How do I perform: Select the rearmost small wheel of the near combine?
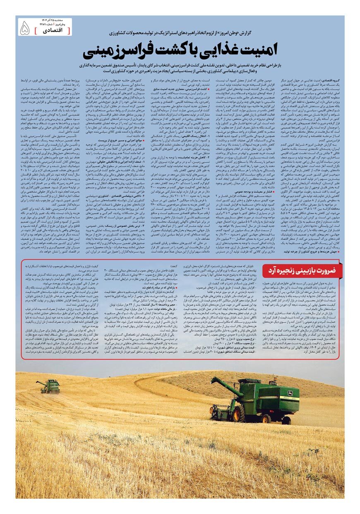tap(286, 419)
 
